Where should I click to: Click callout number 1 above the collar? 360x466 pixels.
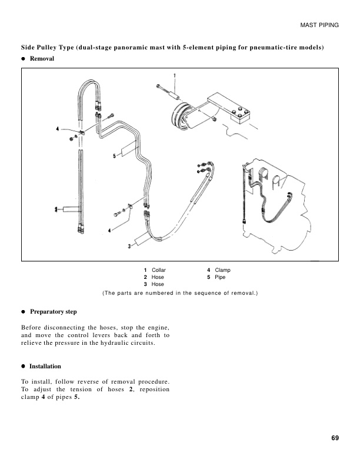pyautogui.click(x=174, y=75)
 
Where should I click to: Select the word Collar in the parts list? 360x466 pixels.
pyautogui.click(x=159, y=270)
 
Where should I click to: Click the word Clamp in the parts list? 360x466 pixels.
pyautogui.click(x=223, y=270)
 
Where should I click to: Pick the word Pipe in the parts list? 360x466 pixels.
pyautogui.click(x=221, y=277)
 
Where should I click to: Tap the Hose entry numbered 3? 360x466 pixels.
pyautogui.click(x=158, y=284)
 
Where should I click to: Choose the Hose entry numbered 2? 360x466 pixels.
pyautogui.click(x=158, y=277)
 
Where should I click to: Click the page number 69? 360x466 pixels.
pyautogui.click(x=334, y=437)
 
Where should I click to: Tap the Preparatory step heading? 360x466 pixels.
pyautogui.click(x=53, y=311)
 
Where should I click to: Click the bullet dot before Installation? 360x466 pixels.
pyautogui.click(x=24, y=366)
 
